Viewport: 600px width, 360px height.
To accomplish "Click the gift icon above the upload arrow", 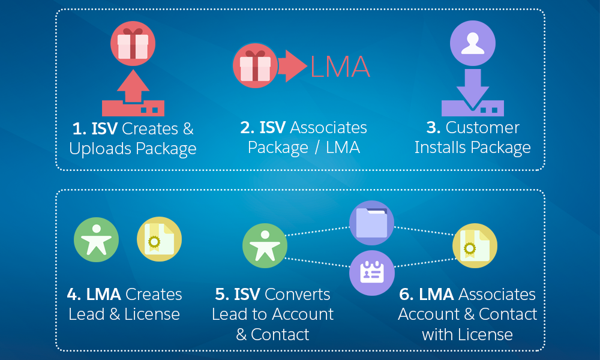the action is click(133, 43).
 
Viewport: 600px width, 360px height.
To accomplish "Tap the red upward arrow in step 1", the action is click(133, 85).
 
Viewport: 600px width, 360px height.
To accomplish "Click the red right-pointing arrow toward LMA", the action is click(293, 66).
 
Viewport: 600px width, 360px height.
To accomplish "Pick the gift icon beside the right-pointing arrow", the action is click(255, 65).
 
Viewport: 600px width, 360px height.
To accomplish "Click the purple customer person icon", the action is click(473, 43).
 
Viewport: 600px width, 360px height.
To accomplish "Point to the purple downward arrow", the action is click(473, 89).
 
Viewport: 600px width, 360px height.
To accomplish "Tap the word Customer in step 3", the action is click(482, 127).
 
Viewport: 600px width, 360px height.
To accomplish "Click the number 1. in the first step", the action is click(79, 128).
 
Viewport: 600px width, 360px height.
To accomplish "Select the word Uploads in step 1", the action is click(100, 149).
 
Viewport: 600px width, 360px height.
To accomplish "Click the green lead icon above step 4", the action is click(96, 240).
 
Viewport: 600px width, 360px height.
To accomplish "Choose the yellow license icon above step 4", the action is click(159, 239).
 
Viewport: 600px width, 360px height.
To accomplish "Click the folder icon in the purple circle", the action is click(371, 223).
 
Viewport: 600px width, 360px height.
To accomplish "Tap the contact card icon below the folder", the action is click(372, 273).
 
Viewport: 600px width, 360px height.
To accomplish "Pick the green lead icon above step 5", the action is click(265, 245).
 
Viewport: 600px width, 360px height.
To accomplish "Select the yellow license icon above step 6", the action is click(475, 245).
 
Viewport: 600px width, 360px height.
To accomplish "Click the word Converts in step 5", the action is click(298, 295).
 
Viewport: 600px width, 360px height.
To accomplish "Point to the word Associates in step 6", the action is click(497, 295).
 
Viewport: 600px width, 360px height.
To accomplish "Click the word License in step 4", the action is click(152, 314).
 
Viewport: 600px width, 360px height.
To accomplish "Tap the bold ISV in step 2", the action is click(272, 127).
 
